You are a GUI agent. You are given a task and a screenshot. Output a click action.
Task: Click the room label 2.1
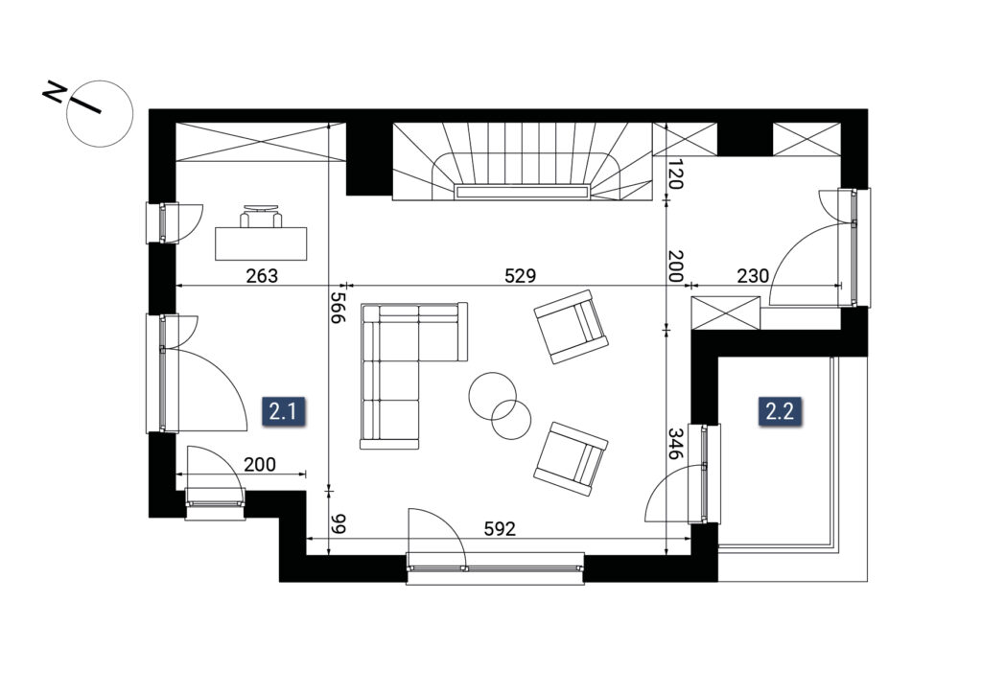(x=283, y=412)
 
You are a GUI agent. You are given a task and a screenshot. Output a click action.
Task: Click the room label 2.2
(x=780, y=411)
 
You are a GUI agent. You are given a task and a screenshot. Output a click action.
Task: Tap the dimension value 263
(x=261, y=275)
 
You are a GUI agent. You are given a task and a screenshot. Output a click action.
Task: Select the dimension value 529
(x=521, y=275)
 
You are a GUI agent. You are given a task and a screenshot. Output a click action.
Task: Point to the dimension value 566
(x=339, y=308)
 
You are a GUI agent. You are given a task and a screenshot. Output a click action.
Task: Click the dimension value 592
(x=500, y=529)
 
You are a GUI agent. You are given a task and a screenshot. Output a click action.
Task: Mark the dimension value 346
(x=675, y=444)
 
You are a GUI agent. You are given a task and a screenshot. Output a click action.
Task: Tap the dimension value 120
(x=675, y=173)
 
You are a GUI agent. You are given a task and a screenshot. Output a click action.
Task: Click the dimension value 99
(x=339, y=523)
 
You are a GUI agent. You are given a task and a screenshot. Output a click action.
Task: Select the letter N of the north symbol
(x=54, y=93)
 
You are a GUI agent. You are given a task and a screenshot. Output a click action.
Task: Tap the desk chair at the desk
(x=261, y=216)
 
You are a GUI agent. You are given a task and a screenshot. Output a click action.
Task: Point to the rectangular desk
(x=261, y=243)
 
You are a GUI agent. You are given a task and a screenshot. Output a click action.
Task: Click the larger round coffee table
(x=492, y=396)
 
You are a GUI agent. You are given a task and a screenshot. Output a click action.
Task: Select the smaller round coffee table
(x=511, y=419)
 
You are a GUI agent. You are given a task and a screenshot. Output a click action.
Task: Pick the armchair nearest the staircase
(x=571, y=326)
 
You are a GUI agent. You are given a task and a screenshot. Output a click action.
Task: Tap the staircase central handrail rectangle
(x=521, y=192)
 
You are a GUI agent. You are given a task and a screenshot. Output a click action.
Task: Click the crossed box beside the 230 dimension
(x=725, y=313)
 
